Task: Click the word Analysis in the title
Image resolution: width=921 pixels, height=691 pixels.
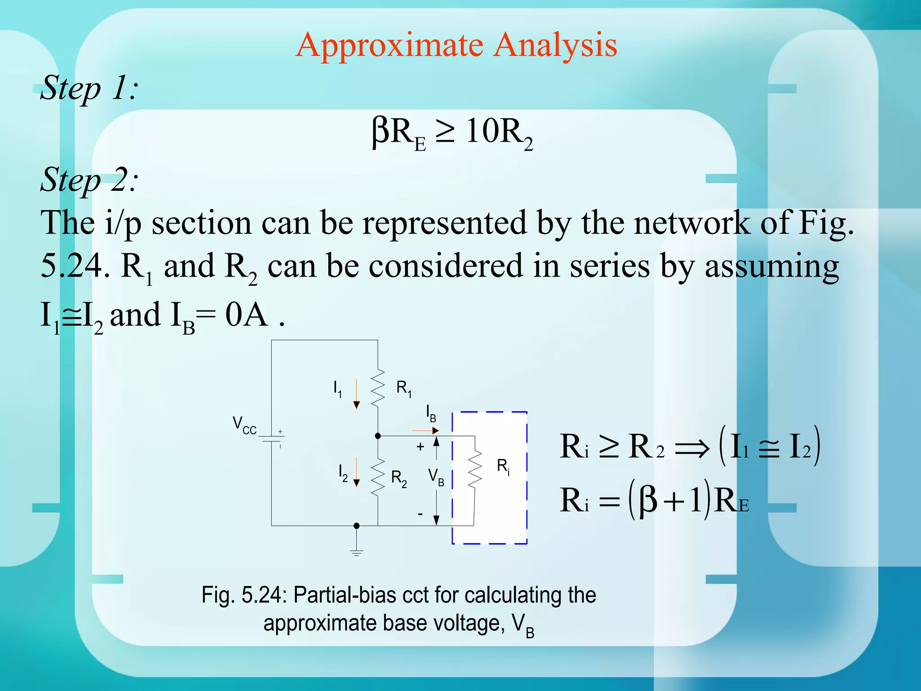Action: pyautogui.click(x=555, y=45)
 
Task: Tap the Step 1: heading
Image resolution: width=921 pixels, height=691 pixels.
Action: pyautogui.click(x=89, y=88)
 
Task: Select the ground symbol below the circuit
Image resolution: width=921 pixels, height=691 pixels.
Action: pyautogui.click(x=356, y=552)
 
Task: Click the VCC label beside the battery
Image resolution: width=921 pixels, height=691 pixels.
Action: pyautogui.click(x=244, y=425)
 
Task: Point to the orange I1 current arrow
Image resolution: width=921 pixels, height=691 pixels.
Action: pyautogui.click(x=356, y=394)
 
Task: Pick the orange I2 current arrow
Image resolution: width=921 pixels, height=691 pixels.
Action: pyautogui.click(x=356, y=472)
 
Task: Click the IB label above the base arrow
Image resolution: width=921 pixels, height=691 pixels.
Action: pyautogui.click(x=431, y=413)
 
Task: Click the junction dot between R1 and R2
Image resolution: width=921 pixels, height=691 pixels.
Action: pyautogui.click(x=378, y=436)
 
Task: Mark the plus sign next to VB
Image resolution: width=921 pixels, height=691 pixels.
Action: pyautogui.click(x=420, y=447)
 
